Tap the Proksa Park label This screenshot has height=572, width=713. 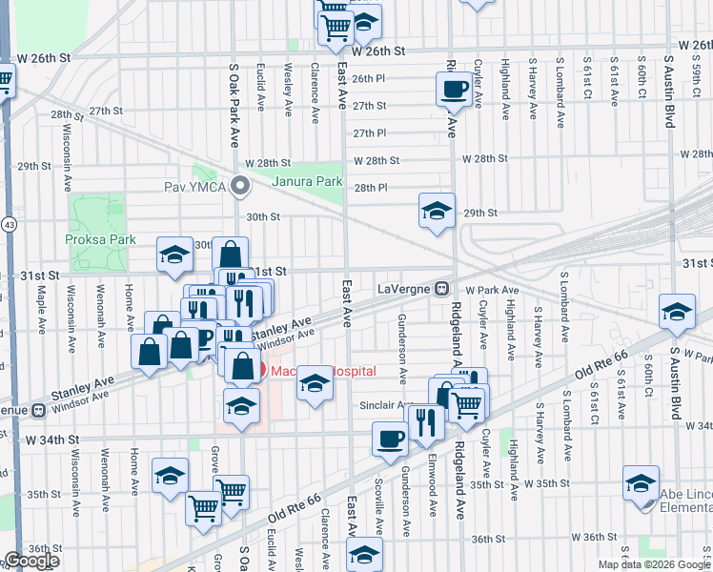101,239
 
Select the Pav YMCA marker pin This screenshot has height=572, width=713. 241,185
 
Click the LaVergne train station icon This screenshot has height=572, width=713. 443,288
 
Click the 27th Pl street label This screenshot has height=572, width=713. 369,133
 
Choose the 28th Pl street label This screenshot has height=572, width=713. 370,188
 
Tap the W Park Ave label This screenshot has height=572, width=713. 492,290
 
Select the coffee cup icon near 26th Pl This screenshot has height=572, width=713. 453,90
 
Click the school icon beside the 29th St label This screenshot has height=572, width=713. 436,211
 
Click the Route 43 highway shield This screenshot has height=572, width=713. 7,222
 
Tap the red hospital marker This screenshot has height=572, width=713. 260,370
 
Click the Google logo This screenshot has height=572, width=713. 31,561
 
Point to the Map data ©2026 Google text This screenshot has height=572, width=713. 654,564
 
